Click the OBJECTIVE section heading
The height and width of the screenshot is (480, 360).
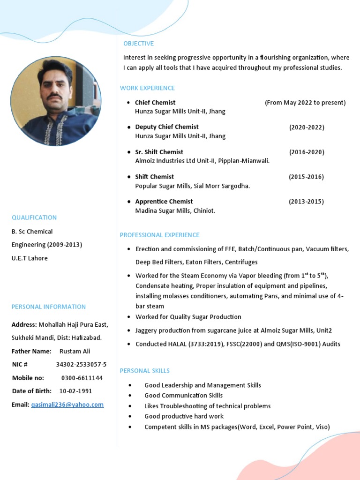pyautogui.click(x=138, y=44)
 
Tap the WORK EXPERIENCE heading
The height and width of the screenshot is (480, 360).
pyautogui.click(x=147, y=88)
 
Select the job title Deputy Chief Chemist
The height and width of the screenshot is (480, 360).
pyautogui.click(x=166, y=127)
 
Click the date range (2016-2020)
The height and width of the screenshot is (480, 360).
pyautogui.click(x=307, y=152)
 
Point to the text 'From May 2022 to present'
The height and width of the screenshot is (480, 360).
pyautogui.click(x=305, y=103)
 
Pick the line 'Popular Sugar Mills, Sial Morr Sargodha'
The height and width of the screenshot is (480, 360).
pyautogui.click(x=192, y=186)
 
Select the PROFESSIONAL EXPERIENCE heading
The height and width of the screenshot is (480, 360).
pyautogui.click(x=159, y=235)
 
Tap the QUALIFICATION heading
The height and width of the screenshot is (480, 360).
pyautogui.click(x=34, y=217)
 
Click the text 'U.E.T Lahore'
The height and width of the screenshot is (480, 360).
pyautogui.click(x=30, y=258)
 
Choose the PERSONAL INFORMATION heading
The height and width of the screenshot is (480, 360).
pyautogui.click(x=49, y=307)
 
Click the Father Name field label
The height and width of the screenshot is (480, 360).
pyautogui.click(x=31, y=352)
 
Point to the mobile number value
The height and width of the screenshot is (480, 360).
pyautogui.click(x=82, y=378)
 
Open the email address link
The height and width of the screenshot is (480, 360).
pyautogui.click(x=67, y=405)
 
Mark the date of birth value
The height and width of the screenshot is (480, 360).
pyautogui.click(x=75, y=391)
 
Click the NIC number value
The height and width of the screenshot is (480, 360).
pyautogui.click(x=81, y=365)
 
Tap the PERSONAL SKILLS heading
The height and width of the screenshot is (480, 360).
pyautogui.click(x=145, y=371)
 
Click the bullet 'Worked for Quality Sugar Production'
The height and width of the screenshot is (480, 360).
pyautogui.click(x=188, y=317)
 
